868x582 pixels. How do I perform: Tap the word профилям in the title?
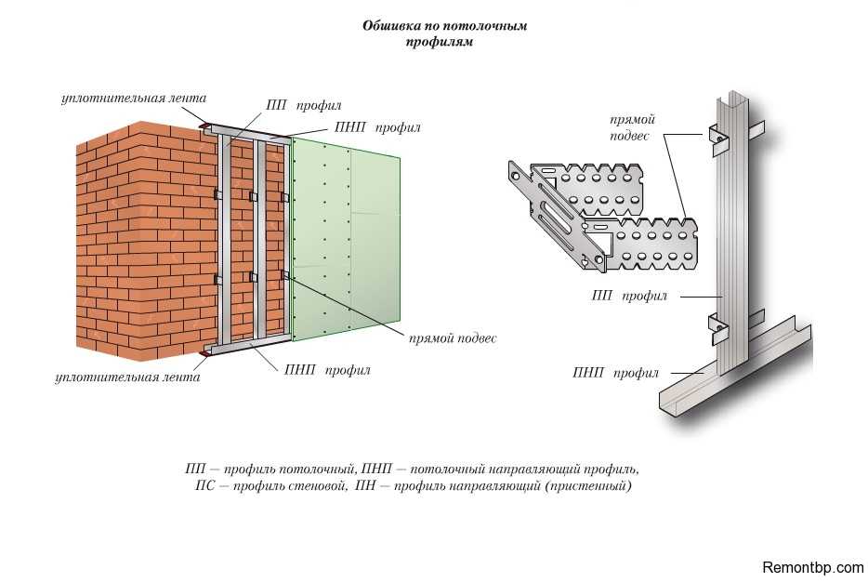pyautogui.click(x=440, y=42)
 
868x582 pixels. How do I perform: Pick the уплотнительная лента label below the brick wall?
pyautogui.click(x=127, y=377)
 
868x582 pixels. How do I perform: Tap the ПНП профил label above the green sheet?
pyautogui.click(x=376, y=127)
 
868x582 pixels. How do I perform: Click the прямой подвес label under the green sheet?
pyautogui.click(x=452, y=338)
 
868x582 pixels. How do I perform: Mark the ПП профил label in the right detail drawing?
pyautogui.click(x=629, y=297)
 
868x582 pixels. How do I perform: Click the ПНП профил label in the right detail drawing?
pyautogui.click(x=615, y=374)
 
